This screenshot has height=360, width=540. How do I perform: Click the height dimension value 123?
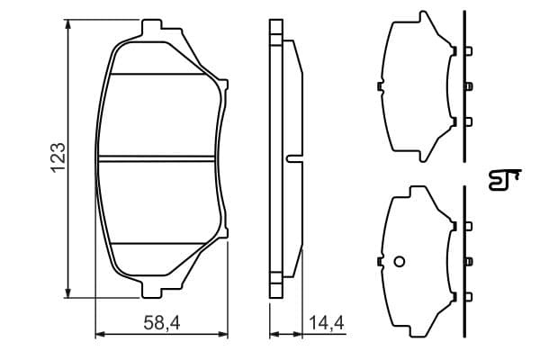[x=58, y=157]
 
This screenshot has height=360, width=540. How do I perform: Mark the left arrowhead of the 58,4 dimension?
[x=100, y=336]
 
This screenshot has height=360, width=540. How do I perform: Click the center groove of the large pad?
[x=158, y=158]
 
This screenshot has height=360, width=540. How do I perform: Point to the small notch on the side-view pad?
[x=293, y=158]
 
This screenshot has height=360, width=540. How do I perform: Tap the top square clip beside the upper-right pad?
[x=467, y=50]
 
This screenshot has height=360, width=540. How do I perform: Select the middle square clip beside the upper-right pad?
[x=467, y=86]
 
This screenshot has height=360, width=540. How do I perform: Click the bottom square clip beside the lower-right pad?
[x=467, y=296]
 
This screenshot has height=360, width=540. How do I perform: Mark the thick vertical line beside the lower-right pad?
[x=462, y=261]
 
